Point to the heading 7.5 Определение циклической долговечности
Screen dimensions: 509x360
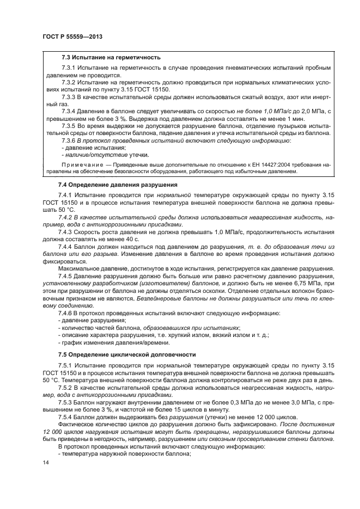click(x=126, y=354)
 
